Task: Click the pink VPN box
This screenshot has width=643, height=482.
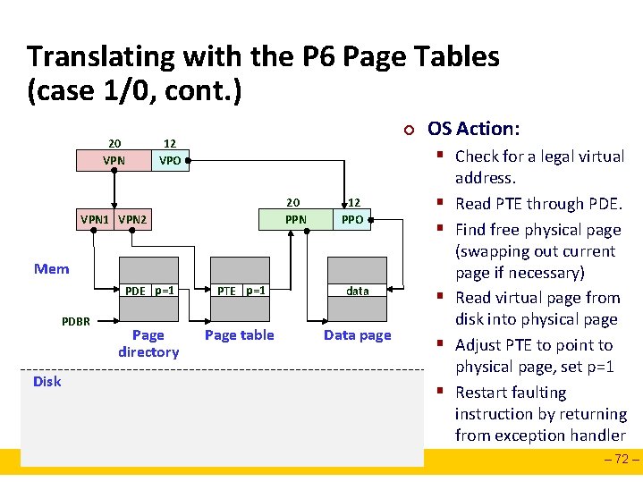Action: coord(114,161)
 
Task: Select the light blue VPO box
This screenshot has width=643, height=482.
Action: coord(169,161)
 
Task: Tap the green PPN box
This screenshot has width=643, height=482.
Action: coord(296,219)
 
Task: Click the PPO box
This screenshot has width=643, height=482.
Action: coord(353,219)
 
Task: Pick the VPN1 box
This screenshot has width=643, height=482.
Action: coord(96,219)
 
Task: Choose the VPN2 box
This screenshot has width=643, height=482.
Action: coord(132,219)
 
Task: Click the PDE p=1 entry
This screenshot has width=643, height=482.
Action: coord(148,291)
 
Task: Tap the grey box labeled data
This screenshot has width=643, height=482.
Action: coord(358,291)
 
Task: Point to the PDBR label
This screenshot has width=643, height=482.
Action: coord(76,321)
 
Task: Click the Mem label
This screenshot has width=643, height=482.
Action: coord(51,269)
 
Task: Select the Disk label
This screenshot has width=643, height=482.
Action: coord(47,382)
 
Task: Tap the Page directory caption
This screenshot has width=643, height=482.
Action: coord(148,343)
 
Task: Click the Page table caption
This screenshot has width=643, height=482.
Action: coord(240,335)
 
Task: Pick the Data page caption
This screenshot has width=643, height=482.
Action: coord(358,335)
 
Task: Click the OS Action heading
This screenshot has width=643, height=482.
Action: coord(473,129)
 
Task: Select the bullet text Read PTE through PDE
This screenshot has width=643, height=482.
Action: coord(538,204)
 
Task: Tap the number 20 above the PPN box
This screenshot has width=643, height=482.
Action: coord(292,201)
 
